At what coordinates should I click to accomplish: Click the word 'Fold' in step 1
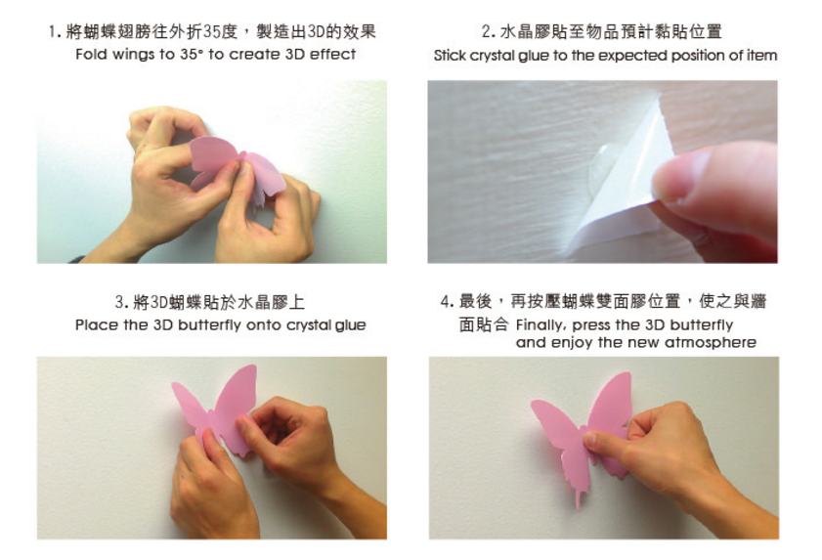(x=91, y=54)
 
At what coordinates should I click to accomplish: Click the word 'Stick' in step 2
(x=450, y=56)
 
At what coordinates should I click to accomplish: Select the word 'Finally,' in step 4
(x=541, y=325)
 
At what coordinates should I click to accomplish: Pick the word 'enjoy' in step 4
(x=572, y=343)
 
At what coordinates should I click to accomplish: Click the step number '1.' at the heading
(x=54, y=32)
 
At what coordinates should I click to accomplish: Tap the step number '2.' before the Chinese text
(x=488, y=32)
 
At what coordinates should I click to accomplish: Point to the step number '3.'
(x=121, y=302)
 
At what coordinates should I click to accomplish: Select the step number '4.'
(x=448, y=301)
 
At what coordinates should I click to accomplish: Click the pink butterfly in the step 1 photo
(x=236, y=169)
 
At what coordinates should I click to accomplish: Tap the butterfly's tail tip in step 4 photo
(x=579, y=504)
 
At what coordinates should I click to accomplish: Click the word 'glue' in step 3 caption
(x=350, y=326)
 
